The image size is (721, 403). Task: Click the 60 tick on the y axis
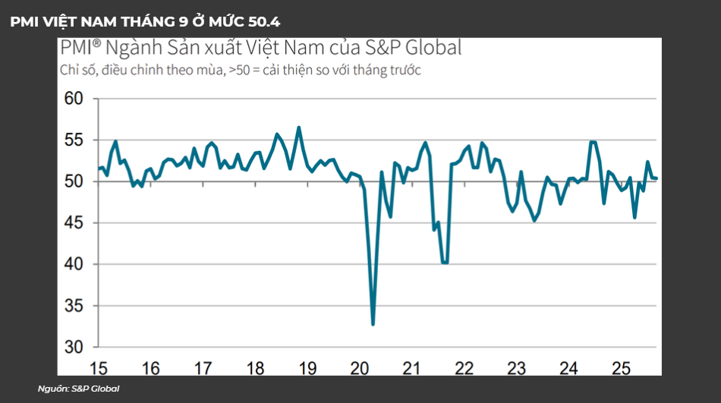(73, 99)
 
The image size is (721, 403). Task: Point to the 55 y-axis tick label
(73, 140)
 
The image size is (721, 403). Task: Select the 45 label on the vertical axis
(73, 223)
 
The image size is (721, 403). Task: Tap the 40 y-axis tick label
(73, 265)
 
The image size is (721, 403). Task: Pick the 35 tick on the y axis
(73, 306)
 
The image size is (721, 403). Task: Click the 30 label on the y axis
(73, 348)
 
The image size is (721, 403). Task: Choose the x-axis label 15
(98, 368)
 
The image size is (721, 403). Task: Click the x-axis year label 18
(256, 368)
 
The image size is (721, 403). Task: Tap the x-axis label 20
(360, 368)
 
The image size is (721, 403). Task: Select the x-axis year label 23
(517, 368)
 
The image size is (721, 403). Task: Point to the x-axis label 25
(622, 368)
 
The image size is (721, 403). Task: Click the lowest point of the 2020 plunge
(373, 325)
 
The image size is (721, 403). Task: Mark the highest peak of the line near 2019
(299, 128)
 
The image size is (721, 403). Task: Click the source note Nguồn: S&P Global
(78, 389)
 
